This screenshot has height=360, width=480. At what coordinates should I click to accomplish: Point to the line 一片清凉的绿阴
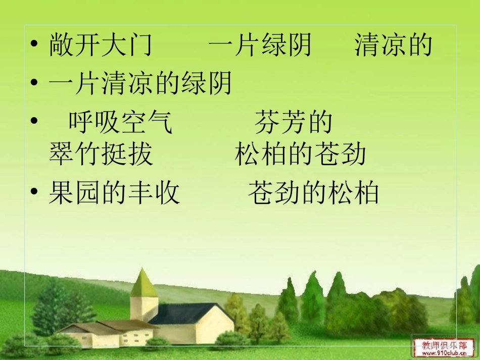[x=140, y=84]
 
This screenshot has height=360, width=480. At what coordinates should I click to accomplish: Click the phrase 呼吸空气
[x=121, y=123]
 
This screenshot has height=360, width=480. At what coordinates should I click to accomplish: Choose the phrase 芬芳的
[x=294, y=123]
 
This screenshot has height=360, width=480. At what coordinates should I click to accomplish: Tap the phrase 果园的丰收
[x=114, y=193]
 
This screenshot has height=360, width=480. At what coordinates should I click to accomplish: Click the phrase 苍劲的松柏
[x=313, y=193]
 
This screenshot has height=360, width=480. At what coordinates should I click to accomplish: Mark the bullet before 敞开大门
[x=34, y=45]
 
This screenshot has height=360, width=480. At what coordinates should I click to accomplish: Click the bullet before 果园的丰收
[x=34, y=193]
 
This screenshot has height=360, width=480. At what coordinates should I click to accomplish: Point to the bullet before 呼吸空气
[x=34, y=122]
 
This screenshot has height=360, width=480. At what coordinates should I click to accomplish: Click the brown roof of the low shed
[x=119, y=324]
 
